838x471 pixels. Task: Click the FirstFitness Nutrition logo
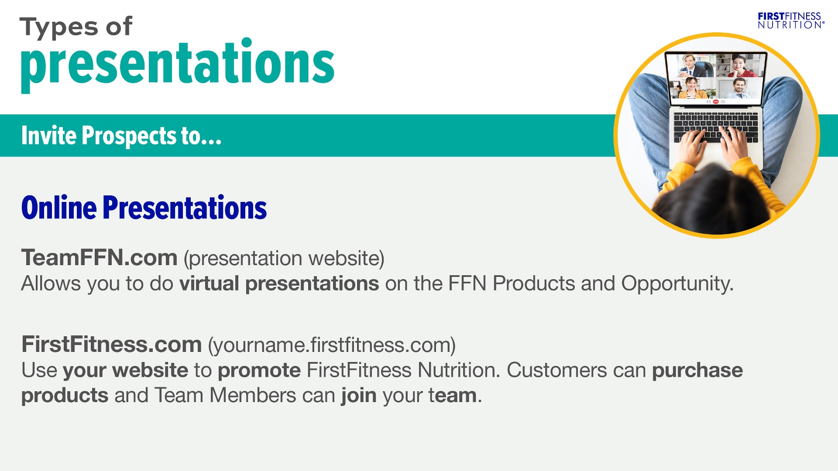pos(791,20)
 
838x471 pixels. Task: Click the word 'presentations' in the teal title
pos(178,64)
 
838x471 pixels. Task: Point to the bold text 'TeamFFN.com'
pos(100,257)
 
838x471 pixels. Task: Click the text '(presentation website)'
pos(284,258)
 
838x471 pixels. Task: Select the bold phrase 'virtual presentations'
pos(279,284)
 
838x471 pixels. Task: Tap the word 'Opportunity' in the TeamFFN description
pos(677,284)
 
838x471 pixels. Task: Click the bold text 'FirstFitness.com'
pos(111,345)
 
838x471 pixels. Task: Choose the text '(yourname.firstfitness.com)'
pos(332,345)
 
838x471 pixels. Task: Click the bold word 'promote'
pos(259,371)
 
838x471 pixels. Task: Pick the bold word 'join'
pos(358,396)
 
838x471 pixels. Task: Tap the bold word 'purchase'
pos(697,371)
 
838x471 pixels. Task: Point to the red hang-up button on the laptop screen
pos(716,102)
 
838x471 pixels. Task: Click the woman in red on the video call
pos(739,66)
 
